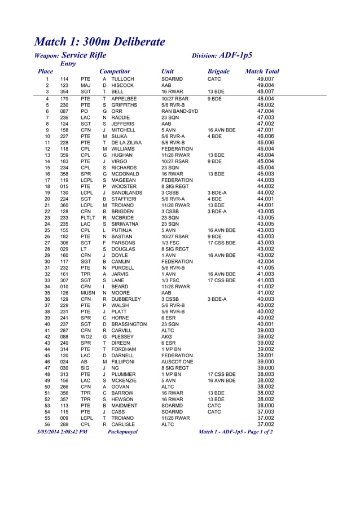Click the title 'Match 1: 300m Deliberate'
pyautogui.click(x=100, y=42)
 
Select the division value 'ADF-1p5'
pyautogui.click(x=236, y=55)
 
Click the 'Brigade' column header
pyautogui.click(x=218, y=72)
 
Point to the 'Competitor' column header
pyautogui.click(x=115, y=72)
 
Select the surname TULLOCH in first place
pyautogui.click(x=122, y=80)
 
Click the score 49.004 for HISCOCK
pyautogui.click(x=265, y=86)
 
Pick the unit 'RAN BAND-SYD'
pyautogui.click(x=179, y=111)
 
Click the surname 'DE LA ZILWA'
pyautogui.click(x=127, y=143)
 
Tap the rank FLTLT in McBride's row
pyautogui.click(x=87, y=217)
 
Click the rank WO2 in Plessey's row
pyautogui.click(x=86, y=336)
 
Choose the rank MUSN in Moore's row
pyautogui.click(x=87, y=293)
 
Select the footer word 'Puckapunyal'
pyautogui.click(x=122, y=432)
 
